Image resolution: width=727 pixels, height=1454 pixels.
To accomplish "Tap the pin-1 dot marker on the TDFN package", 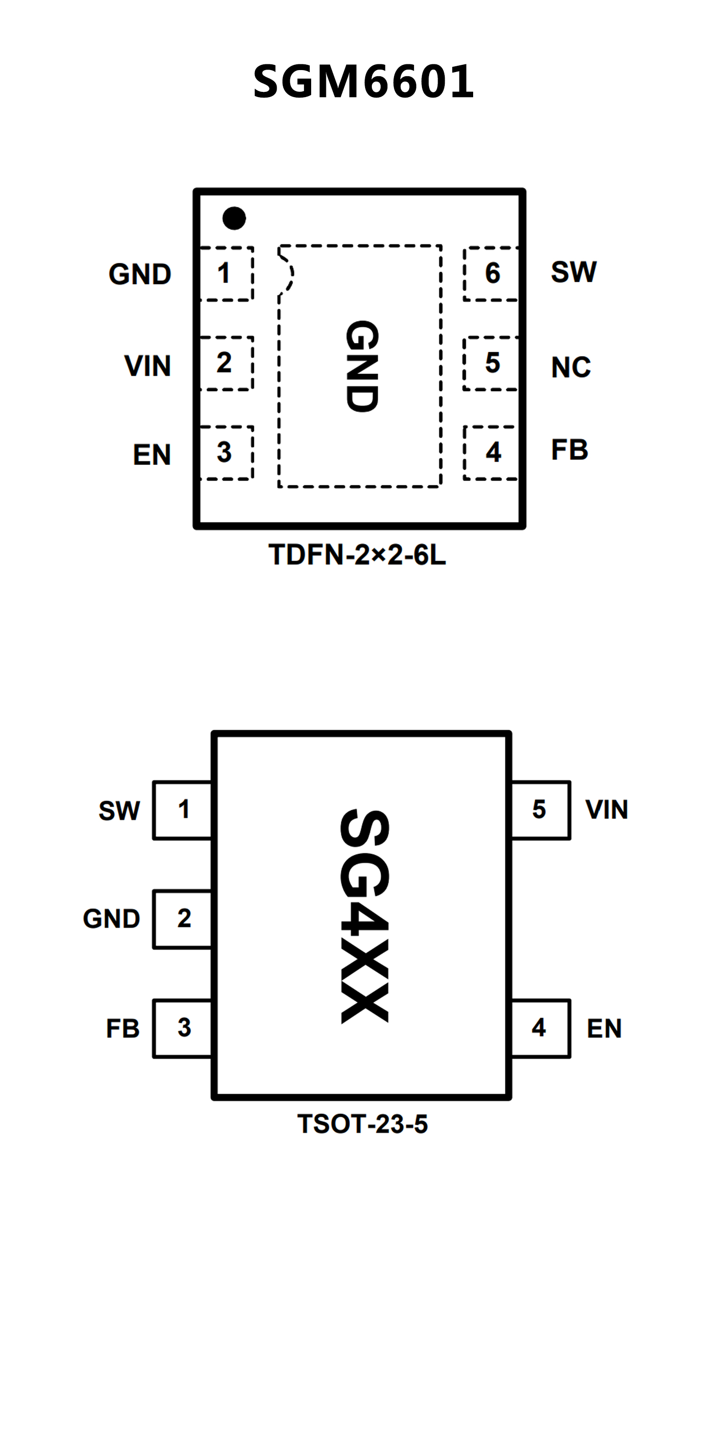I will click(234, 218).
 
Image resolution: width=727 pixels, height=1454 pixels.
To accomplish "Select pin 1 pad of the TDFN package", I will click(225, 274).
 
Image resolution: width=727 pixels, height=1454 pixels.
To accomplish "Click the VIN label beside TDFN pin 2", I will click(147, 366).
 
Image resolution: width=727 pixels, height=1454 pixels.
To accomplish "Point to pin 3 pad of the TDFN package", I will click(225, 453).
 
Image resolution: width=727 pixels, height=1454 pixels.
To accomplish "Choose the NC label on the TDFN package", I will click(571, 367).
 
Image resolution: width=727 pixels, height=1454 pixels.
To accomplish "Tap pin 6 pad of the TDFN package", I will click(491, 274).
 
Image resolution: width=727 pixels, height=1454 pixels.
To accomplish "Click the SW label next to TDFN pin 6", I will click(574, 272).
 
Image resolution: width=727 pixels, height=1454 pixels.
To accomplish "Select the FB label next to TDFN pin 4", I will click(569, 450).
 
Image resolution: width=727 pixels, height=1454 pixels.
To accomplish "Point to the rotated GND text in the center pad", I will click(362, 366).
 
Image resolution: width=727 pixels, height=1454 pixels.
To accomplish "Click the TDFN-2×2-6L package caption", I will click(357, 555).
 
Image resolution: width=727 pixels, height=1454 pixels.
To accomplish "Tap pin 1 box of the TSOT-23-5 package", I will click(183, 810).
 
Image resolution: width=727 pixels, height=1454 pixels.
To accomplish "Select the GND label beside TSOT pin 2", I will click(112, 919).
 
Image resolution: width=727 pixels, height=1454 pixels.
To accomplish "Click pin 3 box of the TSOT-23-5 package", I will click(183, 1028).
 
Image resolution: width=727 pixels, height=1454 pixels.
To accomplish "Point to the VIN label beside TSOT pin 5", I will click(606, 810).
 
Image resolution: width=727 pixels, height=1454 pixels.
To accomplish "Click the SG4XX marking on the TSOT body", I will click(364, 916).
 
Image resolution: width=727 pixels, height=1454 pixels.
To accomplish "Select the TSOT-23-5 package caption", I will click(362, 1124).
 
